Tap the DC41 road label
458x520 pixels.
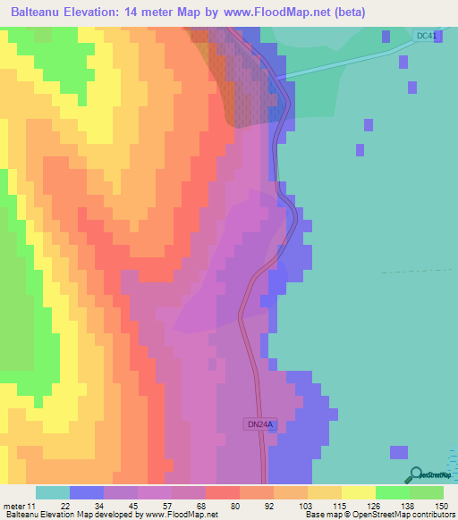tap(428, 36)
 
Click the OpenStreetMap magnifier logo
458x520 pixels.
tap(417, 474)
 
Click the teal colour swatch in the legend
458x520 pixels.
tap(53, 492)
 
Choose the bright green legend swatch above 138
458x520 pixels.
tap(392, 492)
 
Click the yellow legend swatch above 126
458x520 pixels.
tap(358, 492)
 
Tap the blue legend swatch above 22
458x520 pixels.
tap(87, 492)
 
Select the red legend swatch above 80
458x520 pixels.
tap(223, 492)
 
